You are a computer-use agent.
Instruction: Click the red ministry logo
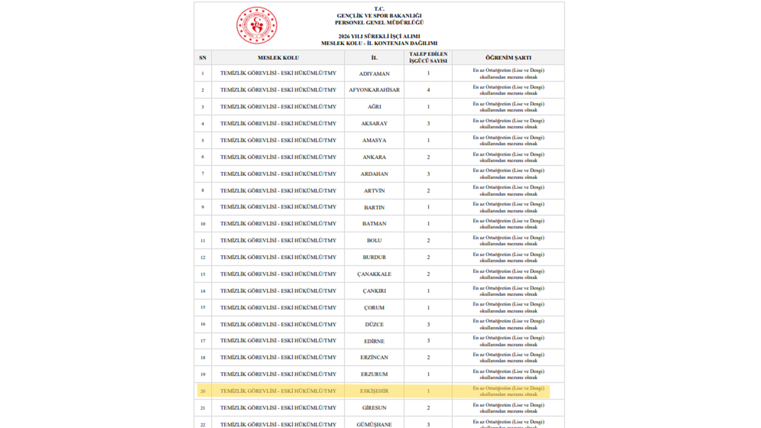coord(256,26)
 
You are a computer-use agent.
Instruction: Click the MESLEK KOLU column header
coord(278,58)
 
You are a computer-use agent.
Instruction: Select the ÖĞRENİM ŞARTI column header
coord(508,58)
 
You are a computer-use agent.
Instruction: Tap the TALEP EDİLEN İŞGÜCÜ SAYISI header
coord(428,58)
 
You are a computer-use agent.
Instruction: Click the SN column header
coord(203,58)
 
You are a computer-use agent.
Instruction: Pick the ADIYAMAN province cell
coord(374,74)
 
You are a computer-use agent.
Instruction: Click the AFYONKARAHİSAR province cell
coord(374,90)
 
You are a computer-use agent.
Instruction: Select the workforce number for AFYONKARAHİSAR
coord(428,90)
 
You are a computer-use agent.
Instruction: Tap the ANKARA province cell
coord(374,158)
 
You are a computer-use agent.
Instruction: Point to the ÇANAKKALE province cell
coord(374,275)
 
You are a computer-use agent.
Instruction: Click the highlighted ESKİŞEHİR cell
coord(374,391)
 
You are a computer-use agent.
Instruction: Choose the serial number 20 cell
coord(203,391)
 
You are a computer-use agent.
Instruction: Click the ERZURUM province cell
coord(374,374)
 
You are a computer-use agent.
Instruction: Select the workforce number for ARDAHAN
coord(428,174)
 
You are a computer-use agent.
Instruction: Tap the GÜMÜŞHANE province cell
coord(374,424)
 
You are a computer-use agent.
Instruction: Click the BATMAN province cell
coord(374,224)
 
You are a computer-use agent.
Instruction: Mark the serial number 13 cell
coord(203,275)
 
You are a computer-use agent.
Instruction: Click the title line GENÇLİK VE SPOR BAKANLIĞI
coord(379,15)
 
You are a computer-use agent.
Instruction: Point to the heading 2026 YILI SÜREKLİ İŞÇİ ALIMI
coord(379,36)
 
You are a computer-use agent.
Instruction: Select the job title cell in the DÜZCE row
coord(278,325)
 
